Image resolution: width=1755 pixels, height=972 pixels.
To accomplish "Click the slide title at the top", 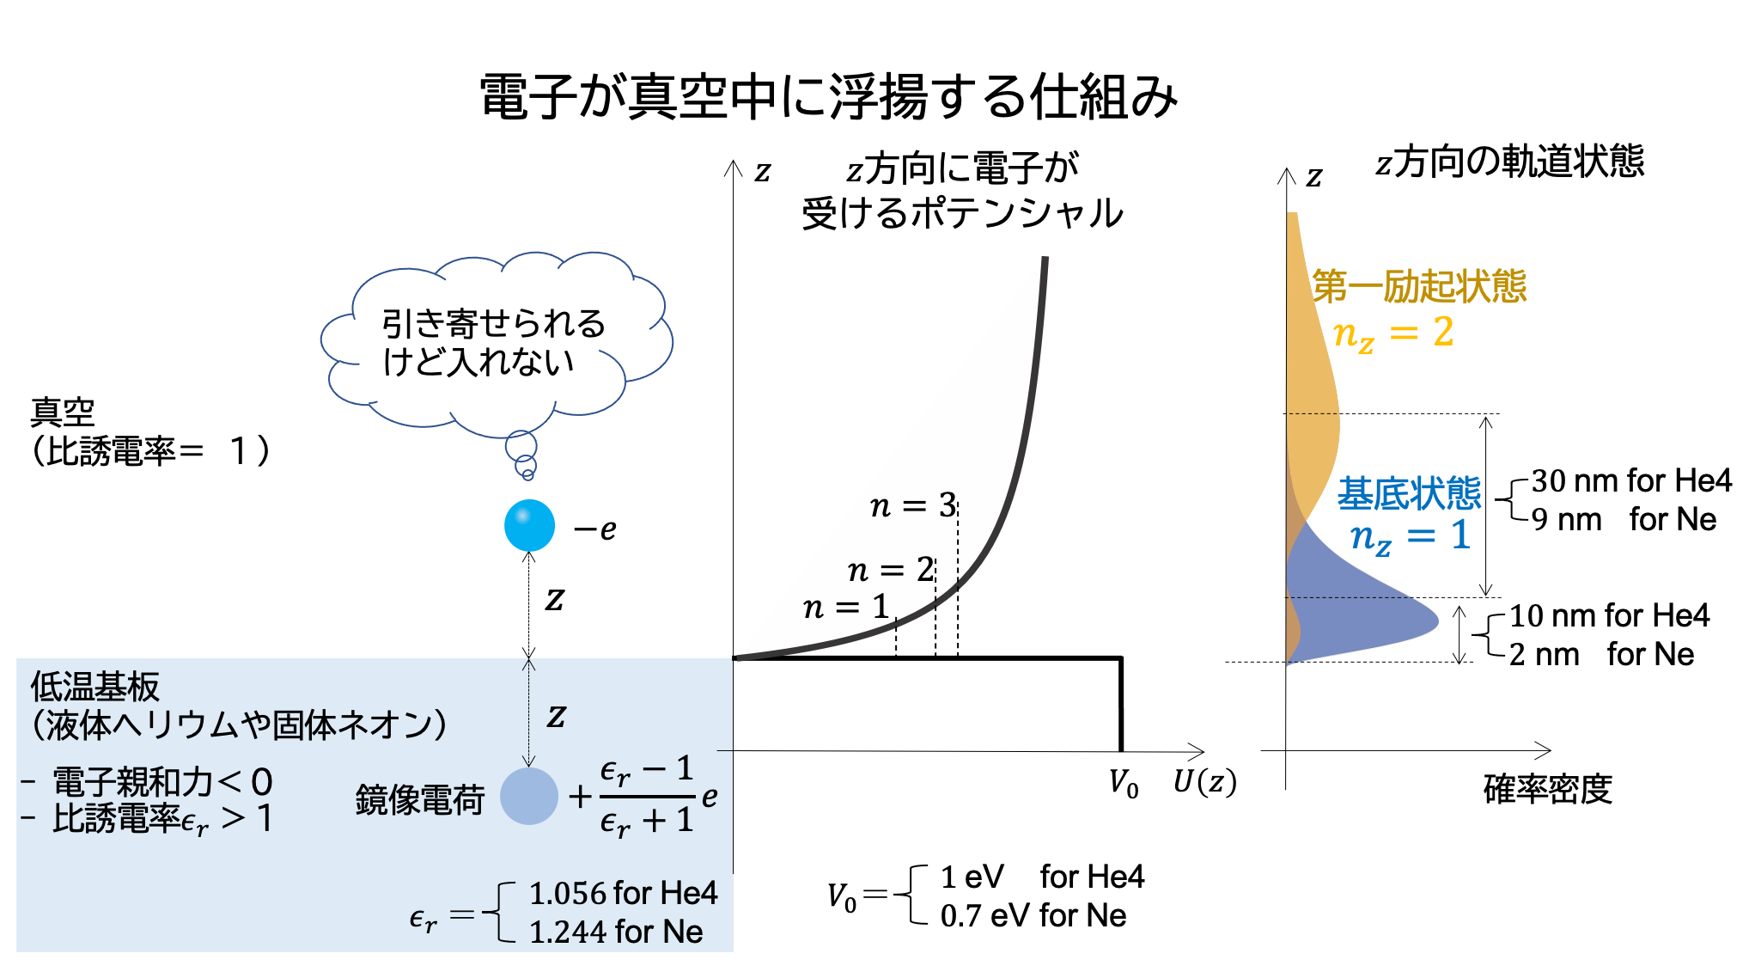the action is pos(829,96).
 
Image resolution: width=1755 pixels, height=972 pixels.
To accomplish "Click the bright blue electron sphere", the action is pos(529,525).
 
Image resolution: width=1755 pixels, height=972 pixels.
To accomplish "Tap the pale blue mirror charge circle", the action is pos(529,796).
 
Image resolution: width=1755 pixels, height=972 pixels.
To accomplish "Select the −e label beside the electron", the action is pos(595,529).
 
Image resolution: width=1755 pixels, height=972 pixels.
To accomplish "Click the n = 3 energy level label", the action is pos(913,505).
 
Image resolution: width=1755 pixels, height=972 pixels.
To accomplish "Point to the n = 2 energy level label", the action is pos(891,570).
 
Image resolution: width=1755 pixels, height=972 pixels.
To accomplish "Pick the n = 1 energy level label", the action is pos(846,607).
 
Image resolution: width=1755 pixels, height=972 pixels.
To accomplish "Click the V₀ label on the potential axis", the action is pos(1124,784).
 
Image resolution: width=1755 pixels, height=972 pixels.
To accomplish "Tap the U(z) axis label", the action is pos(1204,782).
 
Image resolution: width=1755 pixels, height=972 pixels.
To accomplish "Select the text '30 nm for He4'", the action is pos(1631,480).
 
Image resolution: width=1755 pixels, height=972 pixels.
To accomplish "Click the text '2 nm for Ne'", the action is pos(1601,655).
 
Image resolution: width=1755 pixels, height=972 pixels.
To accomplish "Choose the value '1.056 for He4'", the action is pos(623,893).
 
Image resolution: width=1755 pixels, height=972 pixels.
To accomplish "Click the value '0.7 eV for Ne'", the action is pos(1033,915).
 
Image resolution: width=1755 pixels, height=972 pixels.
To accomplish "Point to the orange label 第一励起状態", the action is pos(1419,286).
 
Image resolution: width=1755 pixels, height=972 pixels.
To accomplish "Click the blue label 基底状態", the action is pos(1410,494).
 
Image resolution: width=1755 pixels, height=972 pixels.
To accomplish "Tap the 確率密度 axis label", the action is pos(1548,789).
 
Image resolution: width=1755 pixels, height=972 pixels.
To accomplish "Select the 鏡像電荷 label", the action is pos(420,799).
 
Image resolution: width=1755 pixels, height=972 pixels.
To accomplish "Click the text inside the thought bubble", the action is pos(493,343).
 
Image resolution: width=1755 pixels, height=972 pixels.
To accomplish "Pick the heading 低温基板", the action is pos(95,687).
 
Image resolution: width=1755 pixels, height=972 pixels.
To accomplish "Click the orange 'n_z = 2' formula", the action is pos(1392,333).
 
